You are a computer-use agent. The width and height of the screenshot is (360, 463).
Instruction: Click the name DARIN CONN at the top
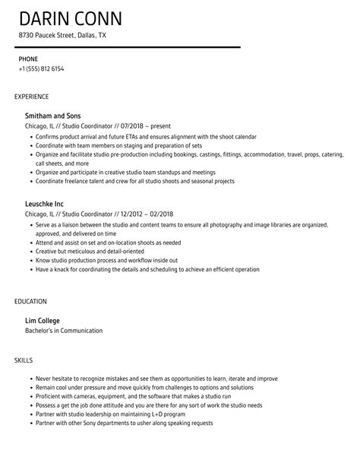pyautogui.click(x=71, y=17)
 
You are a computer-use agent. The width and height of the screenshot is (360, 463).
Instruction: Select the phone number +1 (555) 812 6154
pyautogui.click(x=41, y=68)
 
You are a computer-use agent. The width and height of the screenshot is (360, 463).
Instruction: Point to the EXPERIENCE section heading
pyautogui.click(x=32, y=97)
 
